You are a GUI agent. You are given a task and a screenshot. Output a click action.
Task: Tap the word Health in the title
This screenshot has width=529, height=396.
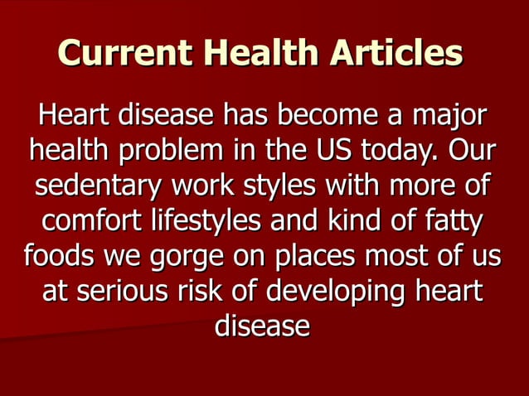click(x=259, y=53)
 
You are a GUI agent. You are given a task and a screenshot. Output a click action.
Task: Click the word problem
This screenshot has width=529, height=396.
click(x=171, y=152)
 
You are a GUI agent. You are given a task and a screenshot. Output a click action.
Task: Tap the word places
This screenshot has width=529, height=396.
click(x=315, y=257)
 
